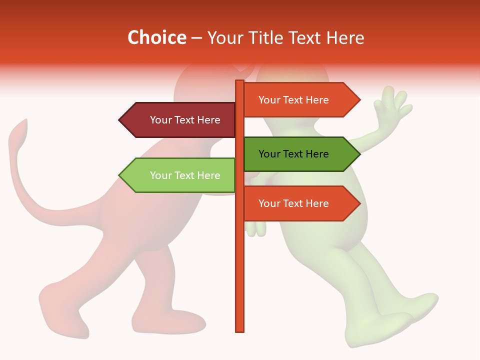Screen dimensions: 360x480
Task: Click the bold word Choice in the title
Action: (x=156, y=37)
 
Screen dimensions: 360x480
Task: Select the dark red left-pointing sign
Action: (x=180, y=120)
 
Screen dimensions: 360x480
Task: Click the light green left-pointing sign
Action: (x=180, y=175)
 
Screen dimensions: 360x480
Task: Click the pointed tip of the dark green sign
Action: (x=358, y=154)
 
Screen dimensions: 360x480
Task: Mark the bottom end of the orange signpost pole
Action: (x=239, y=330)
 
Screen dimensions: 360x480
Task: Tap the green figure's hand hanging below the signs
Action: (x=256, y=227)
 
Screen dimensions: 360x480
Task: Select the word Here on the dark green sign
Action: (x=316, y=154)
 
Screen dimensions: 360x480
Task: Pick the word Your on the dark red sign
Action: (x=160, y=120)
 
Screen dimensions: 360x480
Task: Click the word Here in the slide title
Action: (x=346, y=37)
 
